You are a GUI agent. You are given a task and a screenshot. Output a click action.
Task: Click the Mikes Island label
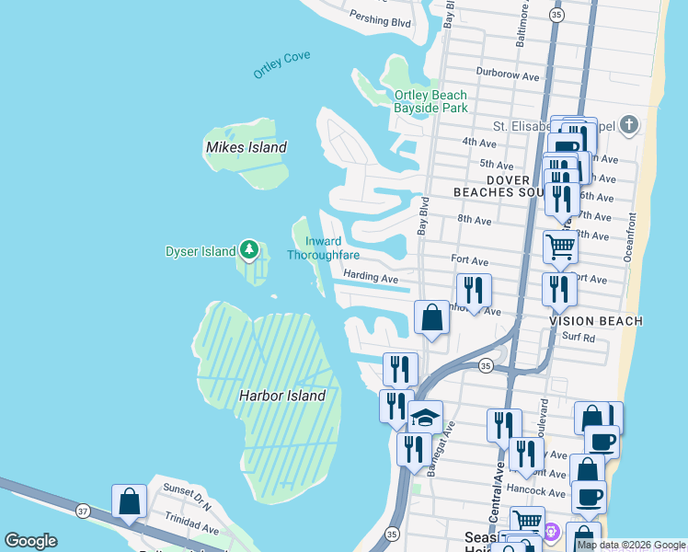point(246,147)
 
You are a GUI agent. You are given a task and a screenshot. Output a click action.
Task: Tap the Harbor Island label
point(282,396)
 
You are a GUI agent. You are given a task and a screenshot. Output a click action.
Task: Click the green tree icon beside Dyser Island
point(248,249)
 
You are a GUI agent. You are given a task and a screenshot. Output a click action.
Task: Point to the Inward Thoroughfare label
point(323,248)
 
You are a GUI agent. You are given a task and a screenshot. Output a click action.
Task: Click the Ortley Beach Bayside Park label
point(430,101)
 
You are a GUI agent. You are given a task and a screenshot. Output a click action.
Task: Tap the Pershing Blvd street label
point(380,18)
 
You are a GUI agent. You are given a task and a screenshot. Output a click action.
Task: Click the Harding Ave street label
point(371,277)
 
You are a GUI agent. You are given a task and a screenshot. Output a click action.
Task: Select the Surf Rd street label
point(579,338)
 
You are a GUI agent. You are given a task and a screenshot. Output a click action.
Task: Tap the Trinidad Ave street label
point(192,530)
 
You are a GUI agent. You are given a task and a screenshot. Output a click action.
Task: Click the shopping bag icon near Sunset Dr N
point(130,501)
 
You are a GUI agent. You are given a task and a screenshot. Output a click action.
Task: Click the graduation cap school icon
point(425,417)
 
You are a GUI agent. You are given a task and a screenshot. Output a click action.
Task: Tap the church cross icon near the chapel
point(628,125)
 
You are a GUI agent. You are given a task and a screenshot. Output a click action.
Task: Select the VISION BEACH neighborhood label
point(596,320)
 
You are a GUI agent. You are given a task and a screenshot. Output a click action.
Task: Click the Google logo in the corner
point(30,541)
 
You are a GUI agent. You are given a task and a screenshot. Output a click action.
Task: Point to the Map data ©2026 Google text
point(631,545)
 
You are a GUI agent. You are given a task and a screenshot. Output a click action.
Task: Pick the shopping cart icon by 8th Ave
point(559,247)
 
